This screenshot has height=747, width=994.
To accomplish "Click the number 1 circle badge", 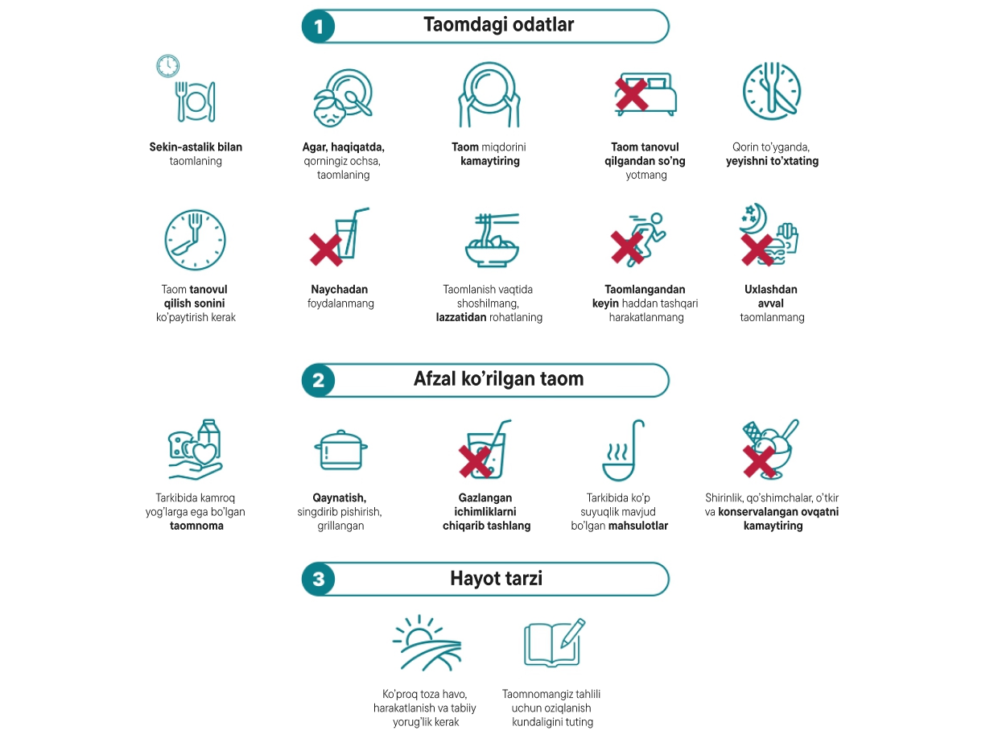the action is [319, 27].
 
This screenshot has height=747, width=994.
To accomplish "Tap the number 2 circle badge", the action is [319, 380].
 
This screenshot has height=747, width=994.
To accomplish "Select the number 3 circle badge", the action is [319, 579].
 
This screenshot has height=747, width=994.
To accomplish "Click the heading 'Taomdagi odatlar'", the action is [498, 25].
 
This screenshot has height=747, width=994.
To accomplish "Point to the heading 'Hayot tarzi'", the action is [497, 578].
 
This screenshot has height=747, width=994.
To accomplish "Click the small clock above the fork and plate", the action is [168, 66].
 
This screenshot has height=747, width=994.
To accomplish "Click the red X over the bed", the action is [631, 94].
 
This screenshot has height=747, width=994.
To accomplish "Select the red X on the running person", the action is [627, 247].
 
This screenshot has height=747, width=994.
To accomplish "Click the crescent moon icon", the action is [757, 219].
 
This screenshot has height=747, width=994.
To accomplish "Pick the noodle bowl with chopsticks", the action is [492, 240].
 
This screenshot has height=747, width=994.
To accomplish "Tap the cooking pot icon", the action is [340, 450].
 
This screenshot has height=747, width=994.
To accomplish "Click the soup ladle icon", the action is [624, 450].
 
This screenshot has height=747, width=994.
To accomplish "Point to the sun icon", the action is [419, 634].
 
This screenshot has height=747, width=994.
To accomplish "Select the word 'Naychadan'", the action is [339, 289].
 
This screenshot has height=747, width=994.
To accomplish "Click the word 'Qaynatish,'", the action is [339, 498].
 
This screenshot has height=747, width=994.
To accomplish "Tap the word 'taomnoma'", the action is [196, 526].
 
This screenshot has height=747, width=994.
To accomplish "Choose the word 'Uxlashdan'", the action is [771, 289].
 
